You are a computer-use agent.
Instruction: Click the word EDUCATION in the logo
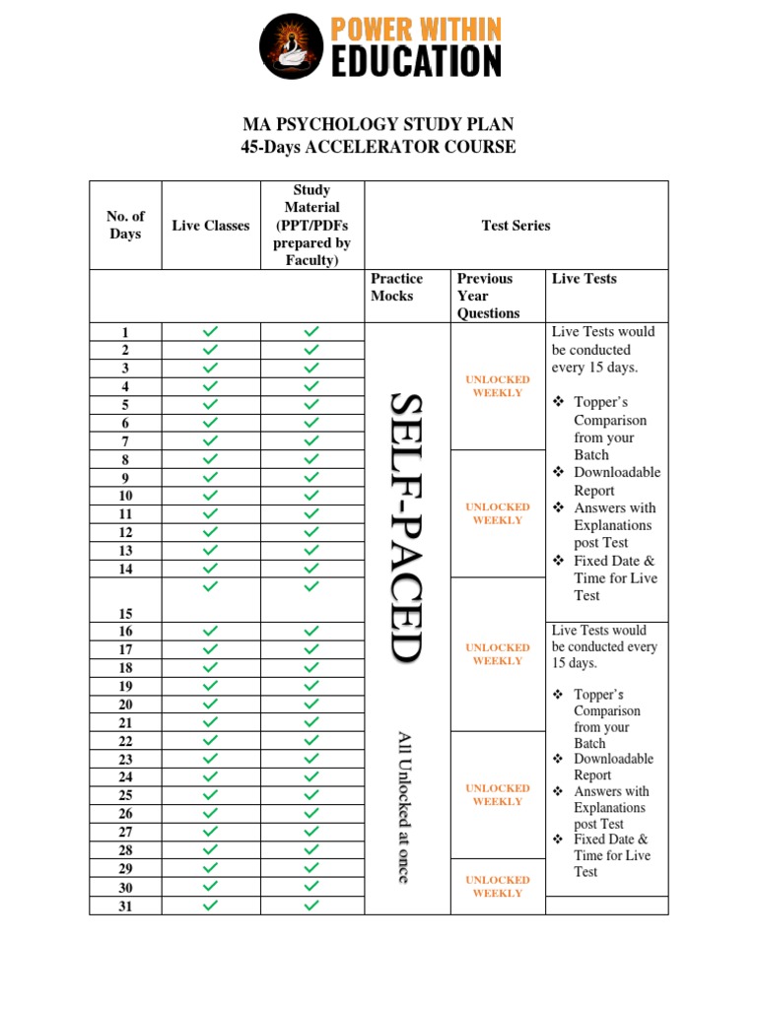point(415,61)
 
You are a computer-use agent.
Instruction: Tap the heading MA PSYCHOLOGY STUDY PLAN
point(378,125)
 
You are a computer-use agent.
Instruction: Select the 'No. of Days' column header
point(125,225)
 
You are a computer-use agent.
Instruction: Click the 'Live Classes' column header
point(211,226)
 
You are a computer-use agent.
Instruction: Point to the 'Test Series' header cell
point(516,226)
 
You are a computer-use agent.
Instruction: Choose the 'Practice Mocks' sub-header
point(396,288)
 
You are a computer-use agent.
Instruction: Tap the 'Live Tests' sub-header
point(584,279)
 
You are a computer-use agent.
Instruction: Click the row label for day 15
point(125,613)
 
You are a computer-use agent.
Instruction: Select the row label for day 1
point(125,333)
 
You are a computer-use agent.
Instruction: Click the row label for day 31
point(125,907)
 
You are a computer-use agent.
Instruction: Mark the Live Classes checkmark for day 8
point(211,459)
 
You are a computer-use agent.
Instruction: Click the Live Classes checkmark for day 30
point(211,887)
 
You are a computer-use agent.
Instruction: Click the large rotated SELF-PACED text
point(406,527)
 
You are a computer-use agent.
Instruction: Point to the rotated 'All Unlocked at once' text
point(404,806)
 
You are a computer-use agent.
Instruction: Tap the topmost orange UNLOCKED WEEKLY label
point(498,386)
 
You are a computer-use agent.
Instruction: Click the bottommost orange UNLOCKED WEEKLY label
point(498,887)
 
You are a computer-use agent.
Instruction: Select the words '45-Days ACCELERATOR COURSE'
point(378,148)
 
